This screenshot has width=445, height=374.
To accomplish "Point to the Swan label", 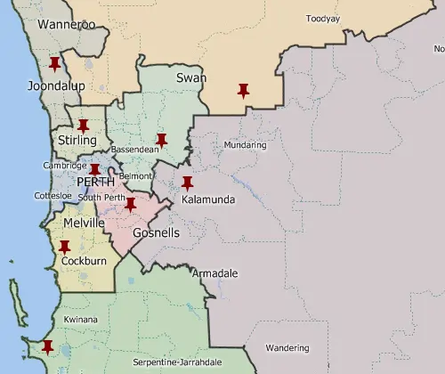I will (x=191, y=78).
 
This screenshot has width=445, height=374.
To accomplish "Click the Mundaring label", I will (x=245, y=145).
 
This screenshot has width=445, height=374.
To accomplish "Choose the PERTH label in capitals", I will (x=95, y=182).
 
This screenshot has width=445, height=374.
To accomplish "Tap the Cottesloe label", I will (x=52, y=195).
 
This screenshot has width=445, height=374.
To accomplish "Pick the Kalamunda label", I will (x=208, y=200).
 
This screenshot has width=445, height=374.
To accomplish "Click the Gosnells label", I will (x=156, y=233).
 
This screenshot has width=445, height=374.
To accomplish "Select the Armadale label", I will (x=214, y=273).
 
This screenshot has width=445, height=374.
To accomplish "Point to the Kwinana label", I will (x=81, y=320).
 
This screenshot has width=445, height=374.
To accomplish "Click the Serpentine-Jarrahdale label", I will (x=177, y=362).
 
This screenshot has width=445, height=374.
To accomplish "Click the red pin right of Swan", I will (x=243, y=90).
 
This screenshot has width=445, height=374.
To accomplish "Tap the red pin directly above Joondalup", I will (x=54, y=64).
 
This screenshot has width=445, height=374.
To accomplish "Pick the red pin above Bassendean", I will (x=161, y=140).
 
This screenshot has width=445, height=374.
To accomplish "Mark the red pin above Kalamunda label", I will (x=187, y=183).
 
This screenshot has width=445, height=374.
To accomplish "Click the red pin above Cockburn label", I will (x=64, y=247).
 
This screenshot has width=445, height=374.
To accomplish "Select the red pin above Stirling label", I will (x=84, y=126).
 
